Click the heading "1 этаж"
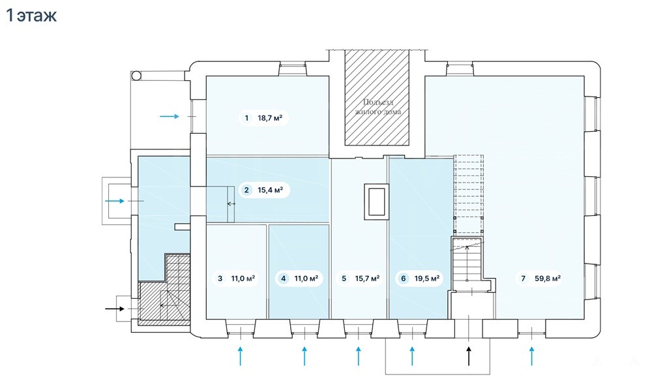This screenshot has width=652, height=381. click(31, 16)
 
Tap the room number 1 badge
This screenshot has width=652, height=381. click(246, 118)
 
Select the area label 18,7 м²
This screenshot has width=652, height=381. click(270, 118)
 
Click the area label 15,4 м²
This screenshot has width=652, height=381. click(271, 190)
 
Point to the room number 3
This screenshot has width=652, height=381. click(220, 279)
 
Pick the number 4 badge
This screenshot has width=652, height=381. click(284, 279)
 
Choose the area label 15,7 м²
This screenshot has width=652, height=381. click(367, 279)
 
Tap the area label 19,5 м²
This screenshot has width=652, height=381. click(427, 279)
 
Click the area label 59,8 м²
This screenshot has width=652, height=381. click(548, 279)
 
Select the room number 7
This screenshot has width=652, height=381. click(523, 279)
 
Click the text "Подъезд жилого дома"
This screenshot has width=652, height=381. click(378, 106)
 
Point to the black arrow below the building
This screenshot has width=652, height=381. click(469, 356)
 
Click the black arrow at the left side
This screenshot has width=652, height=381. click(115, 309)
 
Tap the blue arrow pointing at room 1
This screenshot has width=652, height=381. click(170, 117)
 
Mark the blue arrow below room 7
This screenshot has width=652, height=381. click(532, 356)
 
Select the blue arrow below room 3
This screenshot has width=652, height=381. click(241, 356)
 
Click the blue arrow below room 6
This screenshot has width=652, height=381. click(412, 356)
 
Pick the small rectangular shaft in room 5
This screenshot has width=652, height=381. click(377, 202)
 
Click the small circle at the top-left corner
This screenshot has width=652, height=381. click(136, 76)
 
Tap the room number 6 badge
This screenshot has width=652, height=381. click(404, 279)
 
